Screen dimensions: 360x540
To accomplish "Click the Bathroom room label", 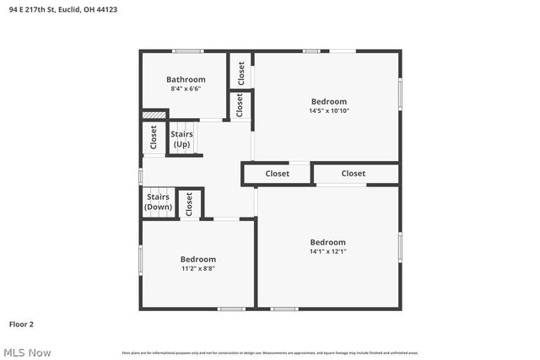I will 186,79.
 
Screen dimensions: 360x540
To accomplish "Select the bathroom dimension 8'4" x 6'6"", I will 186,89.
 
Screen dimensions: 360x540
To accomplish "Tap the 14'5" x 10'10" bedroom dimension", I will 328,110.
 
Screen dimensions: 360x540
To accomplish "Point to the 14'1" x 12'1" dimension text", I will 328,251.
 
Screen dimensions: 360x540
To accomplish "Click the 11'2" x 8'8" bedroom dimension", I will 197,268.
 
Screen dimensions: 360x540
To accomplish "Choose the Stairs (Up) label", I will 181,139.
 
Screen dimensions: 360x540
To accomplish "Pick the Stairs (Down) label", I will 158,202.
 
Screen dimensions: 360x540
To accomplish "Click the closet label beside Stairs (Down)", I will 189,202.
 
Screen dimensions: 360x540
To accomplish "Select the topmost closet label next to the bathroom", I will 240,73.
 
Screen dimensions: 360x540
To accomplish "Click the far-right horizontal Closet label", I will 354,174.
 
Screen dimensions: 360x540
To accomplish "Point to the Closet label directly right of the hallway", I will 278,174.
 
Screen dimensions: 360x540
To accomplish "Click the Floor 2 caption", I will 21,324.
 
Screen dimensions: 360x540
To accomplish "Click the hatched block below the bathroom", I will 154,115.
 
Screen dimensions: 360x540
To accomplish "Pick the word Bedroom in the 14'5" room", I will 328,101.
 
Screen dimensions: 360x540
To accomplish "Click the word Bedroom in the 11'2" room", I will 197,259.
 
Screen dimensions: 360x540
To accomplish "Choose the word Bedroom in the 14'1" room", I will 328,242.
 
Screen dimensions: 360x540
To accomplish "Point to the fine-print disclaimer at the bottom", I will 270,352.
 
